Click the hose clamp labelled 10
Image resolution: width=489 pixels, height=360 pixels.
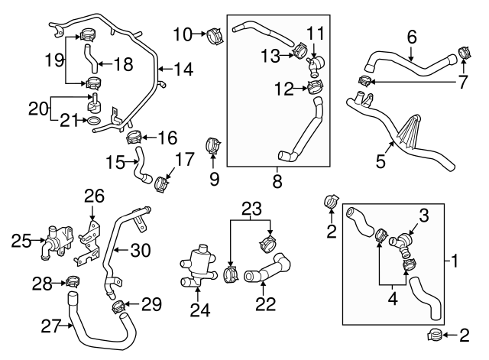point(213,34)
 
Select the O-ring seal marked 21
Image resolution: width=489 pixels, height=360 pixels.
point(92,121)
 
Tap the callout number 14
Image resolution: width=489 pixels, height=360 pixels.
point(184,69)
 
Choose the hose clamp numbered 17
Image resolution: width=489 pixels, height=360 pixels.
point(163,183)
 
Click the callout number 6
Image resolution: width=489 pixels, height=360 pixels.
point(411,35)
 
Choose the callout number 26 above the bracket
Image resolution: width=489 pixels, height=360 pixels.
point(94,196)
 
